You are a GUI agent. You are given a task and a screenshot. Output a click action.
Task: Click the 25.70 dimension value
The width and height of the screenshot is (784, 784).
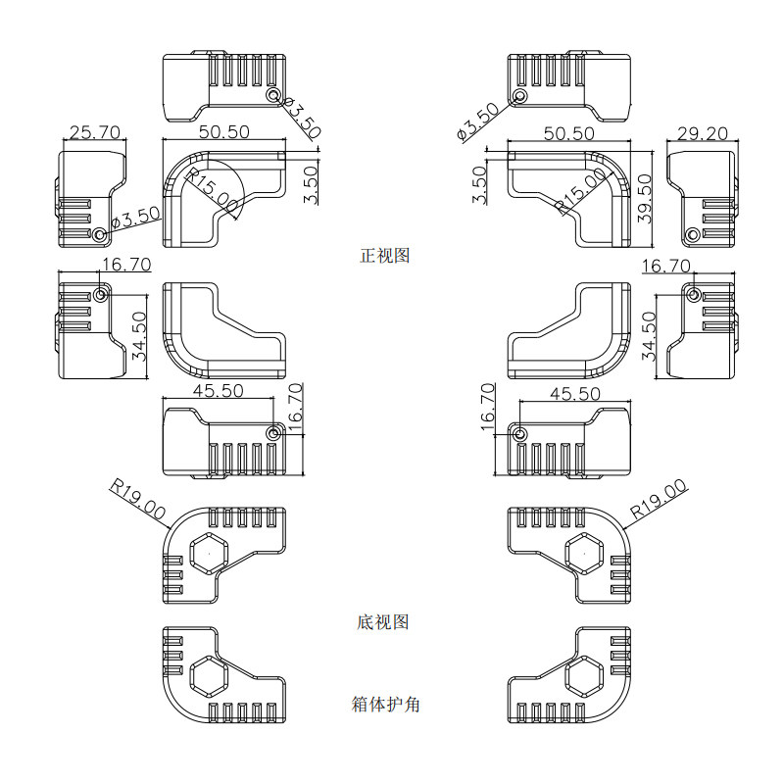95,132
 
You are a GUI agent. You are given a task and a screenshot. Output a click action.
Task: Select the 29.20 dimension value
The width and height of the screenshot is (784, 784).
703,133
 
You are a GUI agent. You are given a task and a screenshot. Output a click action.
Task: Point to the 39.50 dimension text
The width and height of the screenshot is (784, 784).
645,199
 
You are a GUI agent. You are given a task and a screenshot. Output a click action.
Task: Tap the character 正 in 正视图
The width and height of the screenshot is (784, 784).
368,256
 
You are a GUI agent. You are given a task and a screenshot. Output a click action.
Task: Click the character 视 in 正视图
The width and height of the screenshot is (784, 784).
384,256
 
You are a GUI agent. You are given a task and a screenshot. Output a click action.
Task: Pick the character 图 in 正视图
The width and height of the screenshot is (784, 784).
402,256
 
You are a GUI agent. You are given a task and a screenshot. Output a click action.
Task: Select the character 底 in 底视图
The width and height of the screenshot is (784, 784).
366,622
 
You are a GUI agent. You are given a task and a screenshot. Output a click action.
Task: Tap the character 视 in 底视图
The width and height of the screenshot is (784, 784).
383,622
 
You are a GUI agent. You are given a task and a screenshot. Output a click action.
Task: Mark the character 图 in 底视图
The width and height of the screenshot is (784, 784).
401,622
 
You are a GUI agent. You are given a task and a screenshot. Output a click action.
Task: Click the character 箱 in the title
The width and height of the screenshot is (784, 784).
360,705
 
